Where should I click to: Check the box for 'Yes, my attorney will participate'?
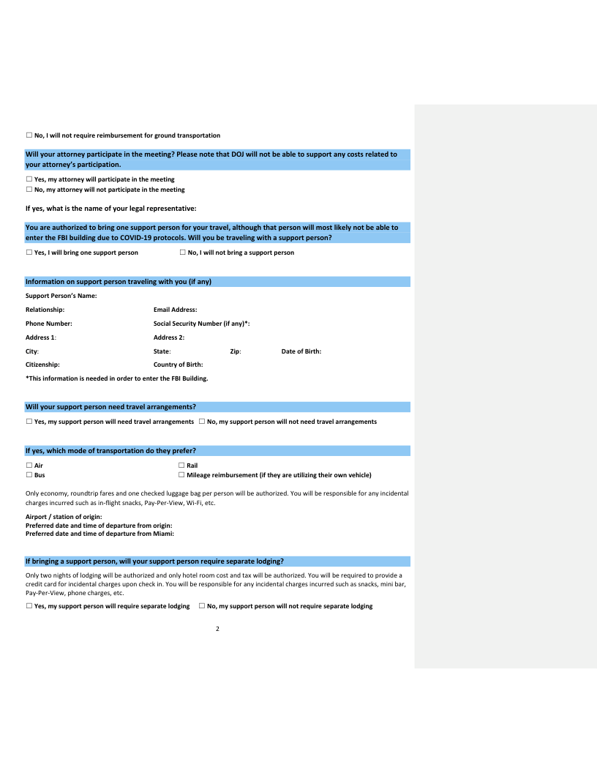pyautogui.click(x=29, y=179)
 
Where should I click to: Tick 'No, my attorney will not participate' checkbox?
pyautogui.click(x=29, y=190)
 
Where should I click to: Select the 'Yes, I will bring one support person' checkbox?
pyautogui.click(x=29, y=253)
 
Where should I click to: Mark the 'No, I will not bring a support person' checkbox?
pyautogui.click(x=182, y=253)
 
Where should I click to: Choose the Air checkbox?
pyautogui.click(x=29, y=466)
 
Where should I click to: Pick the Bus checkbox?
pyautogui.click(x=29, y=475)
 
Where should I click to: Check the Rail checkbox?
pyautogui.click(x=181, y=466)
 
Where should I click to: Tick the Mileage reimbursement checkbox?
pyautogui.click(x=181, y=475)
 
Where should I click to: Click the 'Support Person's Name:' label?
pyautogui.click(x=61, y=296)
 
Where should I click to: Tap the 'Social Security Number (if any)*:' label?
pyautogui.click(x=202, y=323)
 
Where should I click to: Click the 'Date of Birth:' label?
pyautogui.click(x=301, y=351)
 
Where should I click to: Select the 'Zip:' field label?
pyautogui.click(x=236, y=351)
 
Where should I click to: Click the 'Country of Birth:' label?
pyautogui.click(x=178, y=364)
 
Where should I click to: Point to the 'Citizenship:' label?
pyautogui.click(x=42, y=364)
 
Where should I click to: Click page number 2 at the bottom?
pyautogui.click(x=217, y=628)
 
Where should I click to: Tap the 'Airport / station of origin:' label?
pyautogui.click(x=64, y=518)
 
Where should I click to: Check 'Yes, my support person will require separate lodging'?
pyautogui.click(x=29, y=606)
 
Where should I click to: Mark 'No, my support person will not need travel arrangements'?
pyautogui.click(x=202, y=422)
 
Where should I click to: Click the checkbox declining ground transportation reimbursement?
pyautogui.click(x=29, y=135)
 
